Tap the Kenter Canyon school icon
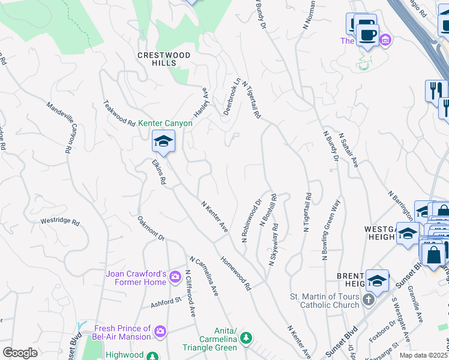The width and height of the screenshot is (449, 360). [163, 142]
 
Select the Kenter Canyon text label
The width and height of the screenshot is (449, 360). [166, 123]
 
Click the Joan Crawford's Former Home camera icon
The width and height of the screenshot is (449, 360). [175, 277]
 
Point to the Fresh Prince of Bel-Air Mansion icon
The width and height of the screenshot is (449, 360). [160, 331]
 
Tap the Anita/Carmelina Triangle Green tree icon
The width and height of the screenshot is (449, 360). [246, 340]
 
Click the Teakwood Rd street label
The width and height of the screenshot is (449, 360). [119, 113]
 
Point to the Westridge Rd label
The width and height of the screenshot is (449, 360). [59, 221]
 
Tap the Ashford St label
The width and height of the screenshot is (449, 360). [165, 301]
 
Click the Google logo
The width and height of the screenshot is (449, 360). [20, 353]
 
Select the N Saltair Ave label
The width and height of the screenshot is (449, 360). [348, 150]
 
